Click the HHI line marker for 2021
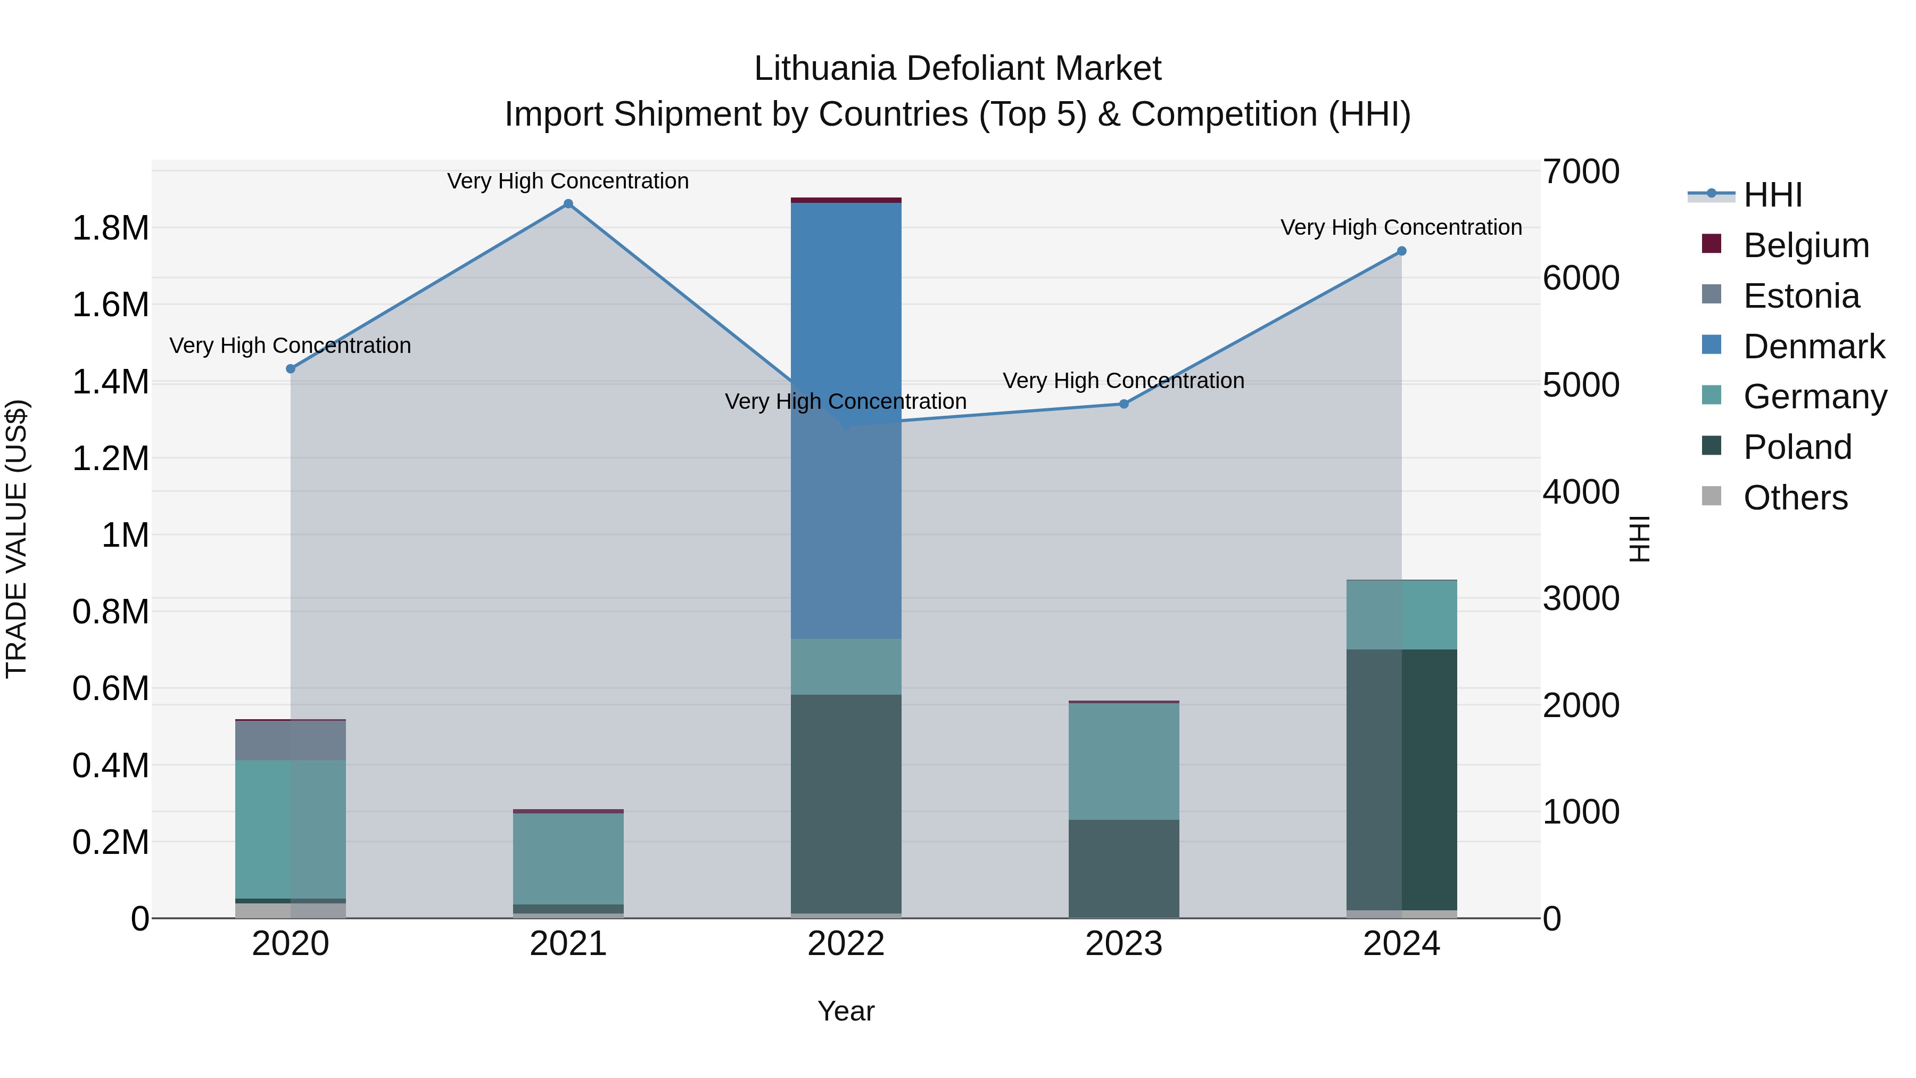pos(568,204)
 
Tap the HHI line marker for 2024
pos(1401,251)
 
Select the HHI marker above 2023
pos(1124,404)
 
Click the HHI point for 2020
pos(291,369)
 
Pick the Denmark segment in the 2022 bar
pos(846,421)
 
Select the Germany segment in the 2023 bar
pos(1124,761)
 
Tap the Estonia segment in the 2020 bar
pos(291,740)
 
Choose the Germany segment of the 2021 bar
pos(568,859)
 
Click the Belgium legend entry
pos(1805,245)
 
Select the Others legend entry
pos(1795,498)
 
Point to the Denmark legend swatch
pos(1712,345)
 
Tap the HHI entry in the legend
pos(1772,195)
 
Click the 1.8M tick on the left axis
pos(111,228)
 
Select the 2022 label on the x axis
pos(846,944)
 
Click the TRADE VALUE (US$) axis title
pos(16,539)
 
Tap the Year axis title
pos(846,1011)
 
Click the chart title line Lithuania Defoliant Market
pos(957,69)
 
